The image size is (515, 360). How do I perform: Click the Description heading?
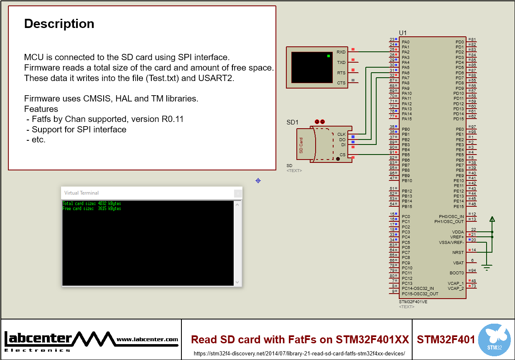(59, 24)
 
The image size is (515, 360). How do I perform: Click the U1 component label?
(403, 33)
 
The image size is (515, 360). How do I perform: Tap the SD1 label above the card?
(292, 122)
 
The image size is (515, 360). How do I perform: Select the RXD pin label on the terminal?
(341, 52)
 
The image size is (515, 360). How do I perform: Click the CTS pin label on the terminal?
(341, 83)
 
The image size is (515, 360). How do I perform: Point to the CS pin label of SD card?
(342, 155)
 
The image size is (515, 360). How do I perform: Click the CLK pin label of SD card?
(341, 134)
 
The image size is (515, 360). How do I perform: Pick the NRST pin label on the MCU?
(458, 252)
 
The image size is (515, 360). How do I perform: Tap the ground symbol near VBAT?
(486, 267)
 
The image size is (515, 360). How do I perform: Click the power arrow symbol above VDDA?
(492, 219)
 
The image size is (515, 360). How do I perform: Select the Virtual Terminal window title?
(82, 193)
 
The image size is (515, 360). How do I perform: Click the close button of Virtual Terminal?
(237, 193)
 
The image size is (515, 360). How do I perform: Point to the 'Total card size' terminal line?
(92, 203)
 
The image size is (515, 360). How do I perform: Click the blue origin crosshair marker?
(258, 180)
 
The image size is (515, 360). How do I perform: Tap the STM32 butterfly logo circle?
(494, 339)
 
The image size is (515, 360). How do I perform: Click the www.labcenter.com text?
(147, 340)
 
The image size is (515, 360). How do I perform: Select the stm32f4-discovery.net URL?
(299, 353)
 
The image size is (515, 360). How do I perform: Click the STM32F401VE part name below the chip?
(413, 302)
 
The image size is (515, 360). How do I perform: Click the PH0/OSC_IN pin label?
(451, 216)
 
